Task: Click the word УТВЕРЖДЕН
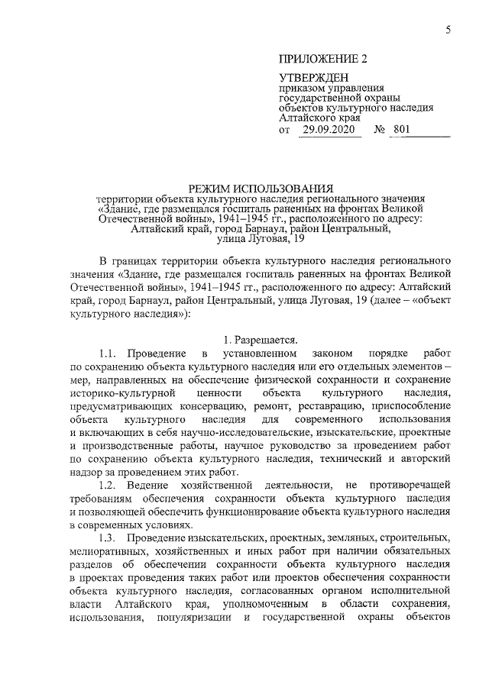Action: [x=313, y=78]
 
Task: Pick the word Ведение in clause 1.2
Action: [x=154, y=485]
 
